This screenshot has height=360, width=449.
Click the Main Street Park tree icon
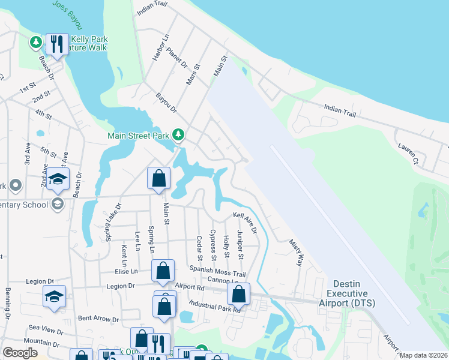[x=178, y=135]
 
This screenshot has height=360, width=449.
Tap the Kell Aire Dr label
[x=245, y=222]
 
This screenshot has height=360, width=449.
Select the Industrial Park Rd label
[x=214, y=307]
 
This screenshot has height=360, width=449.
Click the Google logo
[x=20, y=353]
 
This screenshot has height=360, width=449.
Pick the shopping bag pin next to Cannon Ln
[x=239, y=294]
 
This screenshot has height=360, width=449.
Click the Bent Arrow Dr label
[x=99, y=319]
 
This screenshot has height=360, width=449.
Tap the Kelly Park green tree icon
[x=36, y=41]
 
